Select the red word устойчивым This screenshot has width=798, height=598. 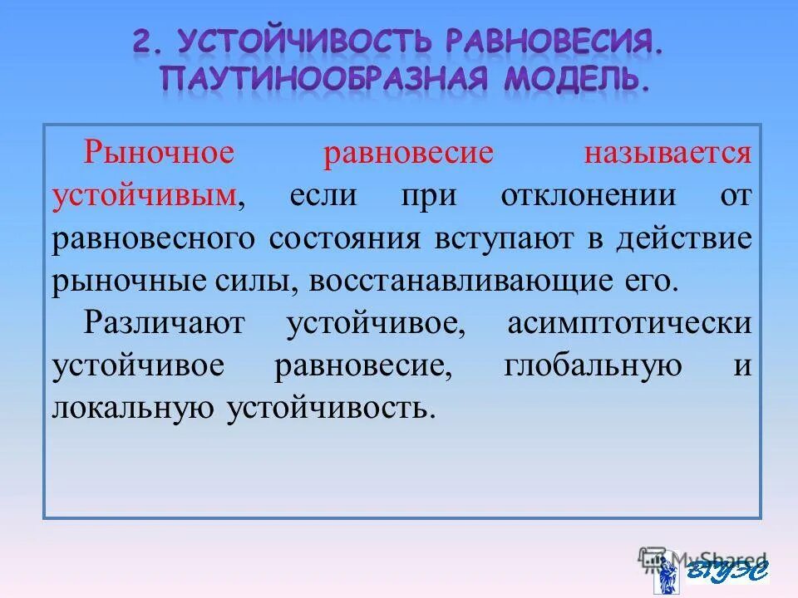[145, 197]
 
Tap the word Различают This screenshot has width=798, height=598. [164, 322]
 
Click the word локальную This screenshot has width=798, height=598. [135, 406]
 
